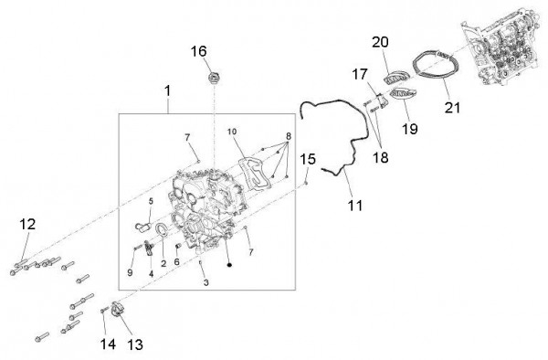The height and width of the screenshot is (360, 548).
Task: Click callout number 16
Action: (198, 51)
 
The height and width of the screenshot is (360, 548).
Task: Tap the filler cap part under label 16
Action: (213, 78)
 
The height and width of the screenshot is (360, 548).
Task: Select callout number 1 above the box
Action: (168, 90)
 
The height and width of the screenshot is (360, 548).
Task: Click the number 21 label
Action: (453, 107)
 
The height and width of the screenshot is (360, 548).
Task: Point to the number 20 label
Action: (380, 42)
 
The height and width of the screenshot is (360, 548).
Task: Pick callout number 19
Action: (409, 129)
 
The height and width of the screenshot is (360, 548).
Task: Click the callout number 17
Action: (360, 74)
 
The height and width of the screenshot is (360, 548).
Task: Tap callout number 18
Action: (381, 158)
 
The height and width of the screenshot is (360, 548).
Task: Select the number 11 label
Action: (355, 206)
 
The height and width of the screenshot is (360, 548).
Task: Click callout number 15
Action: (308, 159)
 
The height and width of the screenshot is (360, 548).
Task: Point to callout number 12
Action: (27, 224)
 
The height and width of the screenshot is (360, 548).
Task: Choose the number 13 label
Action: (135, 345)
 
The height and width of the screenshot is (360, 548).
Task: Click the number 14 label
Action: (108, 344)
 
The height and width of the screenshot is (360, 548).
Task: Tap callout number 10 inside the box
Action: (232, 132)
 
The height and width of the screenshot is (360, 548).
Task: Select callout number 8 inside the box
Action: (289, 136)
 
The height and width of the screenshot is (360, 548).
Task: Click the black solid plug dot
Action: (229, 265)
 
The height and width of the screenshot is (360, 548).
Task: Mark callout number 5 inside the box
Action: (151, 201)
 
